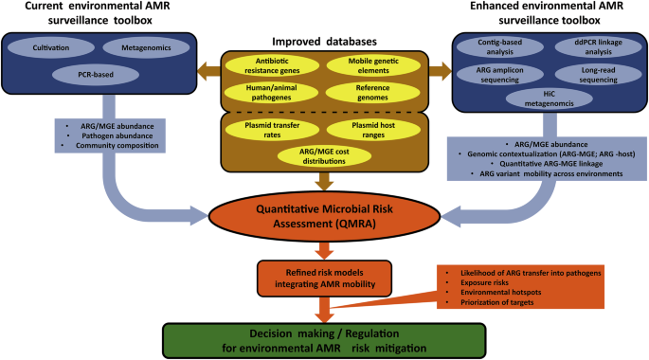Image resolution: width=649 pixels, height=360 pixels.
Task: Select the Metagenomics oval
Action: click(135, 45)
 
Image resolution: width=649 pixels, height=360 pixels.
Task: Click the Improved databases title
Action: click(324, 41)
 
